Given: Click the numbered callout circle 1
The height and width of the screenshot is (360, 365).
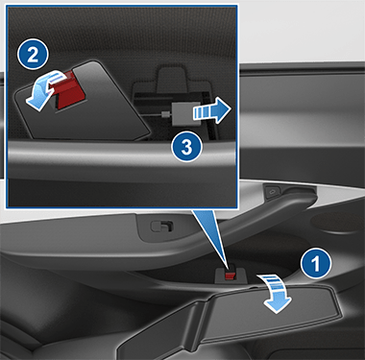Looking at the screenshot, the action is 316,263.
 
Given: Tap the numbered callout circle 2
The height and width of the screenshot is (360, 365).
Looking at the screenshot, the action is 33,55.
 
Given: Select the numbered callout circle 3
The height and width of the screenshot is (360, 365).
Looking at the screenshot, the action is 186,147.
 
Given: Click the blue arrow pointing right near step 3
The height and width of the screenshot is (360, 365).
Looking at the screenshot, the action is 211,110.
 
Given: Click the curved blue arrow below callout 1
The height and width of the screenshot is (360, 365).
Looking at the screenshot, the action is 276,293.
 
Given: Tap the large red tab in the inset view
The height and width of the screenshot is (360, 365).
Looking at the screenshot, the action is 70,89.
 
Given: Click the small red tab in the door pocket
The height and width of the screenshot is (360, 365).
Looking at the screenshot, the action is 231,276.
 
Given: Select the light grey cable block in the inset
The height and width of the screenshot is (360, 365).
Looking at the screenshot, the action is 186,114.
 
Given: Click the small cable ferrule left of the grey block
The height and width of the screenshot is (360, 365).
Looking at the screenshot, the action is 165,114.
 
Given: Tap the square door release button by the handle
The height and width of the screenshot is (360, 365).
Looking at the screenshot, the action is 273,192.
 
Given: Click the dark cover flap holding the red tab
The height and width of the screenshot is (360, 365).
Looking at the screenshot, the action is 82,103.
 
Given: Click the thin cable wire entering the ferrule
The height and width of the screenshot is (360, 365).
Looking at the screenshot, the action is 153,114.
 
